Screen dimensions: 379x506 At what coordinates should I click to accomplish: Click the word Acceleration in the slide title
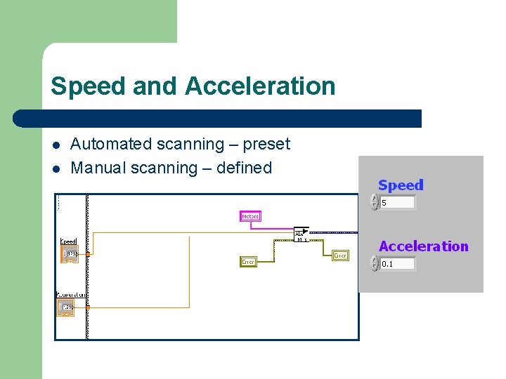pyautogui.click(x=260, y=86)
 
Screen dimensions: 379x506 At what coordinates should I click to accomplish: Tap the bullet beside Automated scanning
pyautogui.click(x=56, y=145)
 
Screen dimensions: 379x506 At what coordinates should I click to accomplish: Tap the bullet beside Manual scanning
pyautogui.click(x=56, y=168)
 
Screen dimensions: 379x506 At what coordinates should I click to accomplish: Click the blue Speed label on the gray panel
pyautogui.click(x=401, y=185)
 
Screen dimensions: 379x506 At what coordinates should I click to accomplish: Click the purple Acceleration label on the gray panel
pyautogui.click(x=423, y=246)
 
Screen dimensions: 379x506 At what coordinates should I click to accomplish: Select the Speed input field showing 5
pyautogui.click(x=397, y=203)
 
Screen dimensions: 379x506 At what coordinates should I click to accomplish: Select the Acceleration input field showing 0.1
pyautogui.click(x=397, y=264)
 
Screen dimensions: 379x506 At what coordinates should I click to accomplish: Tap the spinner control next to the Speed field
pyautogui.click(x=375, y=203)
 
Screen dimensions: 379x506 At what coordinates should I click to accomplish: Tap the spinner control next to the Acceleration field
pyautogui.click(x=375, y=264)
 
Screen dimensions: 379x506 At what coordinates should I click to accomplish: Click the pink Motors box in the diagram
pyautogui.click(x=250, y=216)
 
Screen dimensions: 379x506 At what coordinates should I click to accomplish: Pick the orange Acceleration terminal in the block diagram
pyautogui.click(x=66, y=308)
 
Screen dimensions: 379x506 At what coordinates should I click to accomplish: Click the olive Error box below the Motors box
pyautogui.click(x=248, y=262)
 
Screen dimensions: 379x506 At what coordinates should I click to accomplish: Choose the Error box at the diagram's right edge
pyautogui.click(x=340, y=255)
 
